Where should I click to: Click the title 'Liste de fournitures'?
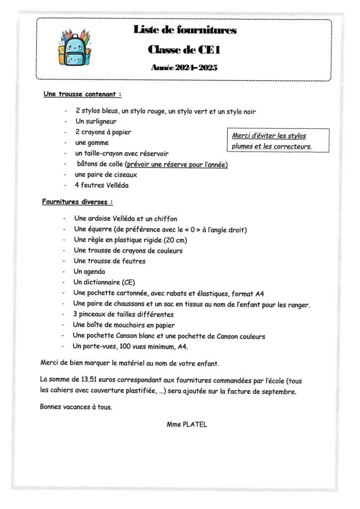click(x=184, y=30)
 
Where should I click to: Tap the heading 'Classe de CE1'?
click(x=184, y=49)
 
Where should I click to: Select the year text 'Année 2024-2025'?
click(x=184, y=68)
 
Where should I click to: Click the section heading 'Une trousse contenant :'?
click(x=82, y=93)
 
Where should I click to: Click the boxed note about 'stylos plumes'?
click(x=272, y=141)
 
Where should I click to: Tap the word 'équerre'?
click(x=100, y=229)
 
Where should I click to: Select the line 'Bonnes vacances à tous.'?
click(x=76, y=407)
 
